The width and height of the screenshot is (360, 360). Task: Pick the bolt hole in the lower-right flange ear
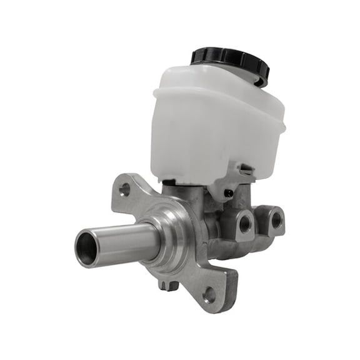click(209, 294)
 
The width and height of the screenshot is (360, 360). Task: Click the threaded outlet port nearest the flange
click(244, 221)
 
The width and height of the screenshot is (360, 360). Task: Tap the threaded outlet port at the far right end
click(276, 219)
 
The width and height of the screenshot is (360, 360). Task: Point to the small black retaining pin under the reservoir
click(229, 193)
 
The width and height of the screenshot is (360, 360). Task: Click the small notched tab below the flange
click(167, 285)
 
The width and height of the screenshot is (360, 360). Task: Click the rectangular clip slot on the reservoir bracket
click(246, 168)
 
